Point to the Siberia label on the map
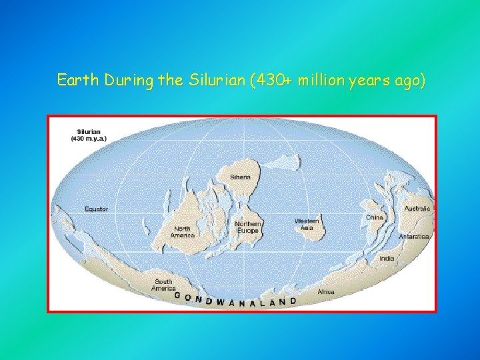tap(241, 177)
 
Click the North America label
tap(182, 232)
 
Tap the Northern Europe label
tap(248, 227)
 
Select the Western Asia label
tap(307, 224)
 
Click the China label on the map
tap(374, 217)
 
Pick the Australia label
tap(417, 209)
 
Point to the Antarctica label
tap(413, 237)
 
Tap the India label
tap(387, 258)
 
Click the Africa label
tap(326, 292)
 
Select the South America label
tap(163, 285)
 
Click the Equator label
tap(96, 209)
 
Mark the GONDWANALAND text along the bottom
tap(235, 301)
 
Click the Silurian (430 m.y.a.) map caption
tap(92, 135)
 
